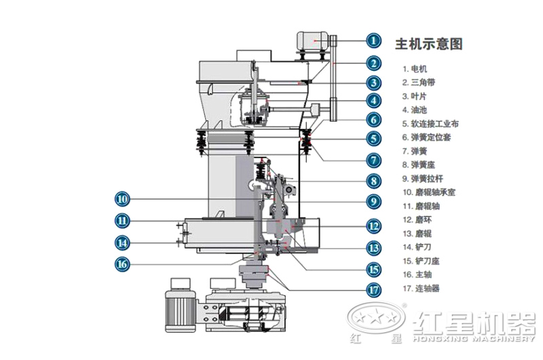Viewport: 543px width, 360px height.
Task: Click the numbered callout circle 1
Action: pos(373,40)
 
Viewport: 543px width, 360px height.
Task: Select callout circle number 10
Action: pos(121,199)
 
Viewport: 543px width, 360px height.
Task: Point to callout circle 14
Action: pos(121,242)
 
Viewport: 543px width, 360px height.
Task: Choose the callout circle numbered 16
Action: pos(121,264)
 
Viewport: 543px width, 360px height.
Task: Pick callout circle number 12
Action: pos(373,226)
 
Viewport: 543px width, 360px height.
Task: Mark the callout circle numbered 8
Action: pos(373,181)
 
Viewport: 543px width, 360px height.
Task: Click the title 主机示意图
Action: pos(429,44)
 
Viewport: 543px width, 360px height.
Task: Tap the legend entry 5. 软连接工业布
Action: pos(430,124)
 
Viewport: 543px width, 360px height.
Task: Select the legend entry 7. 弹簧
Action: pos(414,151)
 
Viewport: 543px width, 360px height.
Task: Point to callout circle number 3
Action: pos(373,83)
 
